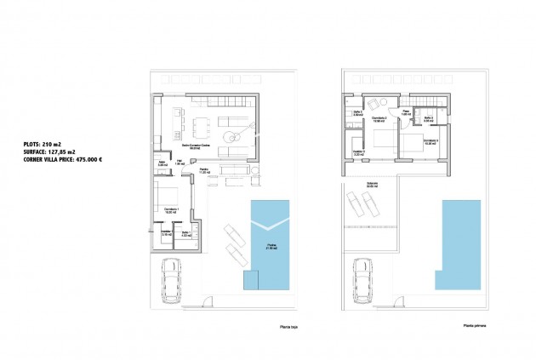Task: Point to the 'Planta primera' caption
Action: coord(475,324)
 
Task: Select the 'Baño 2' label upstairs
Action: coord(429,118)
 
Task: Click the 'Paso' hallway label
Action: coord(407,111)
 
